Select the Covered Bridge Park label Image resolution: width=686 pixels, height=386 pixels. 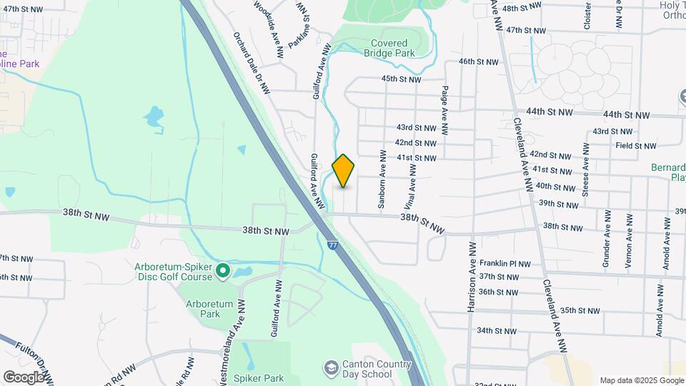pyautogui.click(x=389, y=48)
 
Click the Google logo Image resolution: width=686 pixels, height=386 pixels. pyautogui.click(x=24, y=377)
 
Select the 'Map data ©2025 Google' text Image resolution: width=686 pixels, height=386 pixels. pyautogui.click(x=641, y=380)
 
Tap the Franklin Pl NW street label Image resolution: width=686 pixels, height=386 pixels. pyautogui.click(x=505, y=264)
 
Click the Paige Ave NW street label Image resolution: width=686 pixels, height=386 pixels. pyautogui.click(x=444, y=111)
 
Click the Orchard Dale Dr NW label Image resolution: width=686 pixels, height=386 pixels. pyautogui.click(x=251, y=63)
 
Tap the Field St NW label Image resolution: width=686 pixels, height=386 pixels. pyautogui.click(x=635, y=145)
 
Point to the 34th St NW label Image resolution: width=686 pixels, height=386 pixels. pyautogui.click(x=497, y=331)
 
